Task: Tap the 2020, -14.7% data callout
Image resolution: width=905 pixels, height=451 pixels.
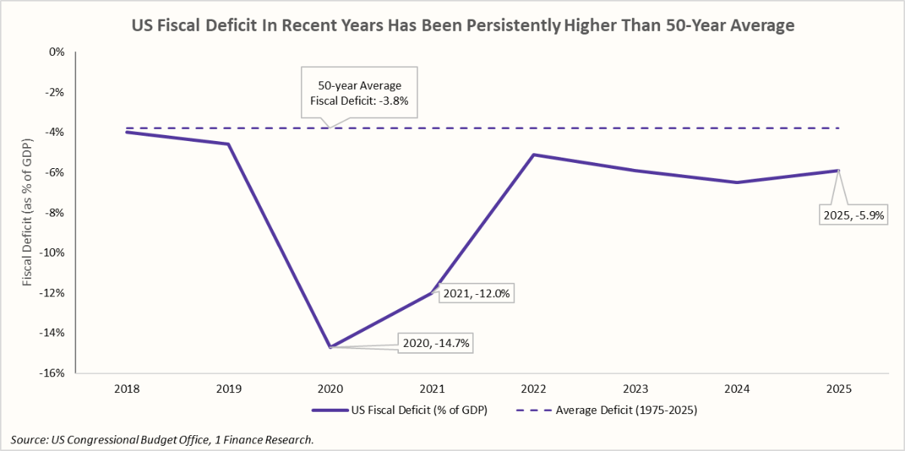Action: [437, 342]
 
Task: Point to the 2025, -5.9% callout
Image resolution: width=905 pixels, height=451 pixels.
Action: [852, 215]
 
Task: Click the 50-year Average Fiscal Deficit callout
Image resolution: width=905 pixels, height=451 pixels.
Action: [359, 94]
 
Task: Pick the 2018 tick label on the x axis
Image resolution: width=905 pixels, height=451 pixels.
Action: [127, 389]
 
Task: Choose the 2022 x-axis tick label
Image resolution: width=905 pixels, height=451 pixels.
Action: [534, 389]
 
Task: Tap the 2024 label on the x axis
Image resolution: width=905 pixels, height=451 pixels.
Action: [737, 389]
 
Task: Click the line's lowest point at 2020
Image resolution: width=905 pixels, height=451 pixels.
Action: [330, 347]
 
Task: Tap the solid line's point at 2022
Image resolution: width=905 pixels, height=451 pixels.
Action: [534, 155]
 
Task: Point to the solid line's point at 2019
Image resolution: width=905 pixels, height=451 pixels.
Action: [229, 144]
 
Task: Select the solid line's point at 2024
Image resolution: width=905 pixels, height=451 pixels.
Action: [737, 183]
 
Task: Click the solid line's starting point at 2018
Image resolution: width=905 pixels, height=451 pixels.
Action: [127, 132]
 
